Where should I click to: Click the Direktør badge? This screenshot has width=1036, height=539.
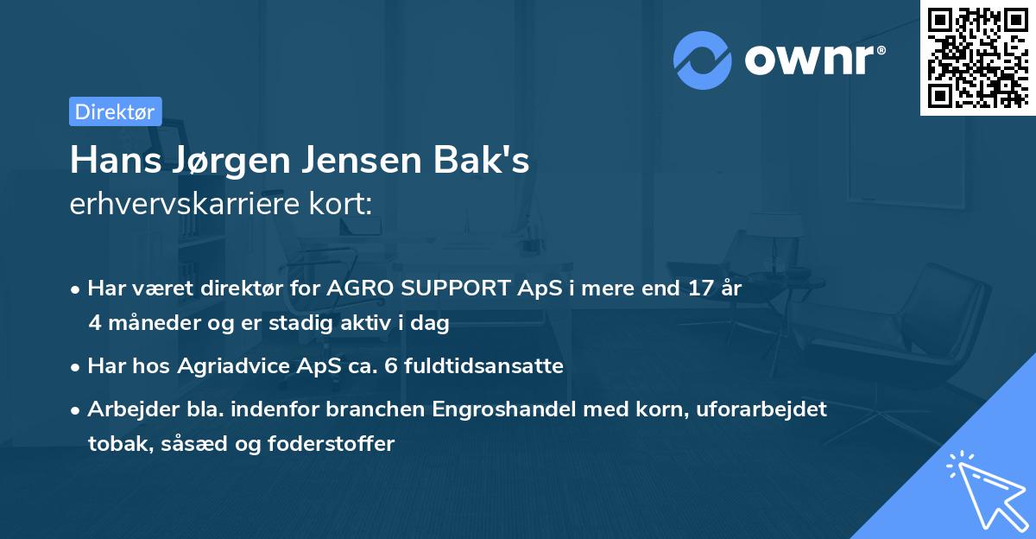click(115, 111)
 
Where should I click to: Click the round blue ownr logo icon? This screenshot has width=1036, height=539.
click(703, 60)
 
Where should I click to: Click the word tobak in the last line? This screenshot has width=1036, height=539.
click(113, 444)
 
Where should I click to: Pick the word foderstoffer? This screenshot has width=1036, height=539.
click(341, 444)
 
